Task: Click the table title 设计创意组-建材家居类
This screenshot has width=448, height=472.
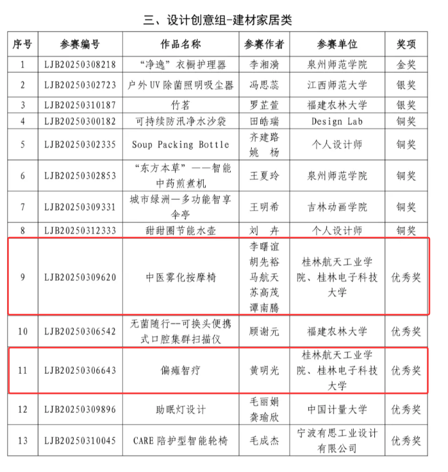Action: point(218,19)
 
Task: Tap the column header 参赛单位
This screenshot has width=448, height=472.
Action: point(336,44)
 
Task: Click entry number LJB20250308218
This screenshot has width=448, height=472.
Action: point(80,65)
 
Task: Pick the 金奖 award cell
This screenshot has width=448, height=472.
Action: point(406,65)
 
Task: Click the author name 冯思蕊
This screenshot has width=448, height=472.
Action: point(265,85)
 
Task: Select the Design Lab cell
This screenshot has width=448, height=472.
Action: point(336,121)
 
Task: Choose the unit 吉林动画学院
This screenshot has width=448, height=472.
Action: point(336,207)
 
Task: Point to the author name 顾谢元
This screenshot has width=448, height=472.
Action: point(265,332)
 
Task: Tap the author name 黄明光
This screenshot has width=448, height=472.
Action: point(265,371)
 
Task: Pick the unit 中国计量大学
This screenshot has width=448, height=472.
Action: point(336,410)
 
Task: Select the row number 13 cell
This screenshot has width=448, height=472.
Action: point(23,441)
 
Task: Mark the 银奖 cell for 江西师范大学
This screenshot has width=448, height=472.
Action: point(406,85)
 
